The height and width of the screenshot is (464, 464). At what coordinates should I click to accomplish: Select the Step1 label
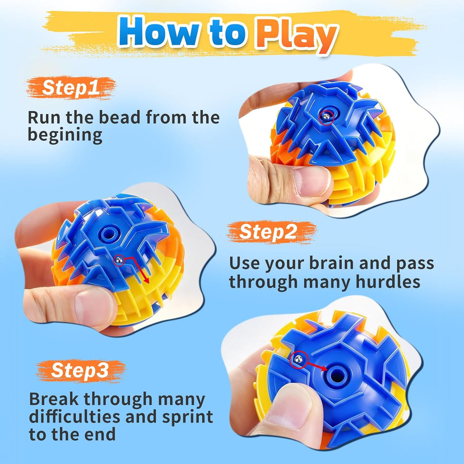pos(71,87)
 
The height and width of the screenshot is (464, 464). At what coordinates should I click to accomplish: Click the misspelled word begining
pos(65,135)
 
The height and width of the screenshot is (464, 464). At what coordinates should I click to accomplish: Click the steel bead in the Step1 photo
pos(326,117)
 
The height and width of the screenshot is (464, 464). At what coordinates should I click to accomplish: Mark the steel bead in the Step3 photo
pos(299,360)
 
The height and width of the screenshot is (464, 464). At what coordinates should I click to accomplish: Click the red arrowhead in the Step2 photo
pos(146,280)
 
